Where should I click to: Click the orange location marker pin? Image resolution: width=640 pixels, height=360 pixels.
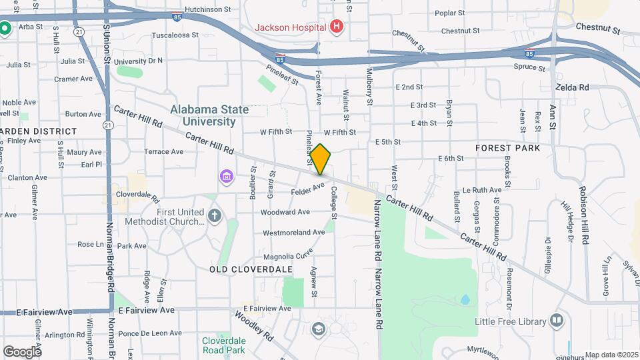click(x=320, y=159)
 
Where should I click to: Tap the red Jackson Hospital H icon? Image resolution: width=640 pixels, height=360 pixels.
click(x=337, y=27)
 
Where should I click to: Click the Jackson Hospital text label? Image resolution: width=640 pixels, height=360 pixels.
click(x=291, y=27)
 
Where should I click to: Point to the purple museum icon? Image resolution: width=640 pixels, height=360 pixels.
click(x=227, y=177)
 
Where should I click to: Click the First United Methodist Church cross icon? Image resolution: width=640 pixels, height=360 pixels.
click(x=214, y=216)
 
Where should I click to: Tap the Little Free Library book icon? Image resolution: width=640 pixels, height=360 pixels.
click(x=557, y=321)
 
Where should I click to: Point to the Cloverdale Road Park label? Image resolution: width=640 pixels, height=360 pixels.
click(x=223, y=345)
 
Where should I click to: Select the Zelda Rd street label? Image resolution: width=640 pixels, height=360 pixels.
click(x=572, y=87)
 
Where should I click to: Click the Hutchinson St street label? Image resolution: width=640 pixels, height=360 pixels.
click(x=207, y=9)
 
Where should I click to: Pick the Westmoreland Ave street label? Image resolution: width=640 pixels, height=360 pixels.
click(x=293, y=233)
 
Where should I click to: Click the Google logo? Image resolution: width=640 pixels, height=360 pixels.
click(x=22, y=351)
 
